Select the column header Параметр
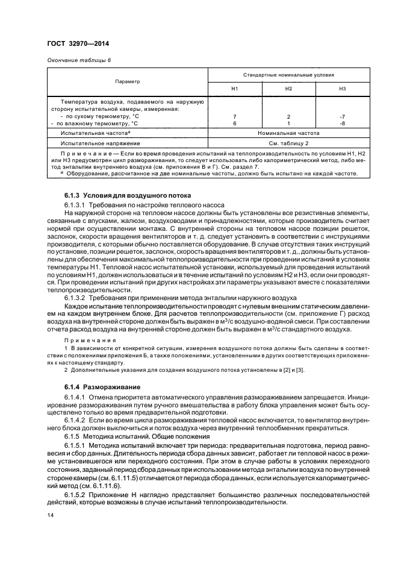[x=127, y=81]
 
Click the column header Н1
[x=235, y=89]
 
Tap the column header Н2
[x=288, y=89]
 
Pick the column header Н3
[x=342, y=89]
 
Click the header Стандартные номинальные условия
[x=288, y=75]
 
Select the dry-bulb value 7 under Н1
[x=235, y=116]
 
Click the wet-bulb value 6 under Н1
[x=235, y=123]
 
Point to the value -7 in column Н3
[x=342, y=116]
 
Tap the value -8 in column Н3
[x=342, y=123]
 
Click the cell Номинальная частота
[x=288, y=133]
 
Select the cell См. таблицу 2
[x=288, y=143]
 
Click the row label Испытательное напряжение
[x=101, y=143]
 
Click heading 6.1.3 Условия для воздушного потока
[x=127, y=196]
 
